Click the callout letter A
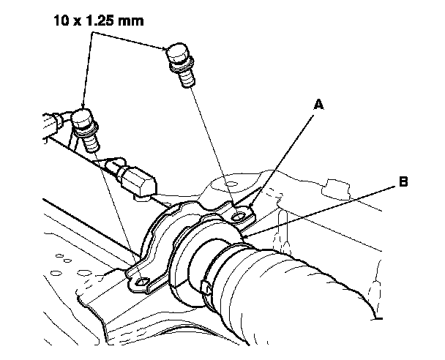pos(318,104)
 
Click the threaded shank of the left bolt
pos(91,143)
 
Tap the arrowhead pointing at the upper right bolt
pos(165,48)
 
